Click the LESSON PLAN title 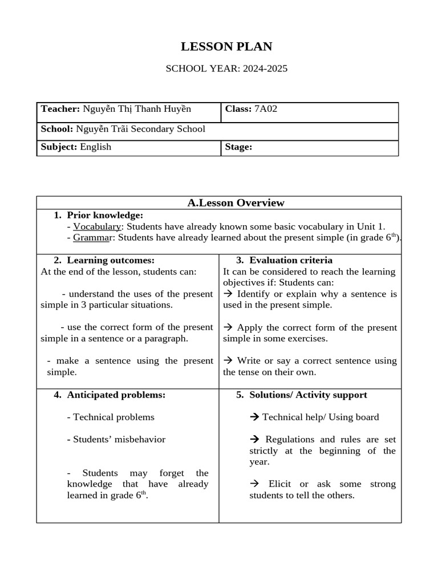[x=226, y=47]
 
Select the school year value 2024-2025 [x=265, y=69]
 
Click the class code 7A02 [x=265, y=109]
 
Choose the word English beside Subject [x=95, y=147]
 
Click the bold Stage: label [x=238, y=147]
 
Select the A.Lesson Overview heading [x=236, y=203]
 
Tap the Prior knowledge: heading [x=105, y=215]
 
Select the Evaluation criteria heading [x=291, y=261]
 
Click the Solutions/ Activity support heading [x=308, y=395]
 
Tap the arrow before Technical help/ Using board [x=254, y=417]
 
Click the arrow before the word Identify [x=228, y=294]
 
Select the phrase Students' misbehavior [x=119, y=439]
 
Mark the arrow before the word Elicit [x=254, y=484]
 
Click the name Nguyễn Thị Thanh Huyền [x=137, y=109]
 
